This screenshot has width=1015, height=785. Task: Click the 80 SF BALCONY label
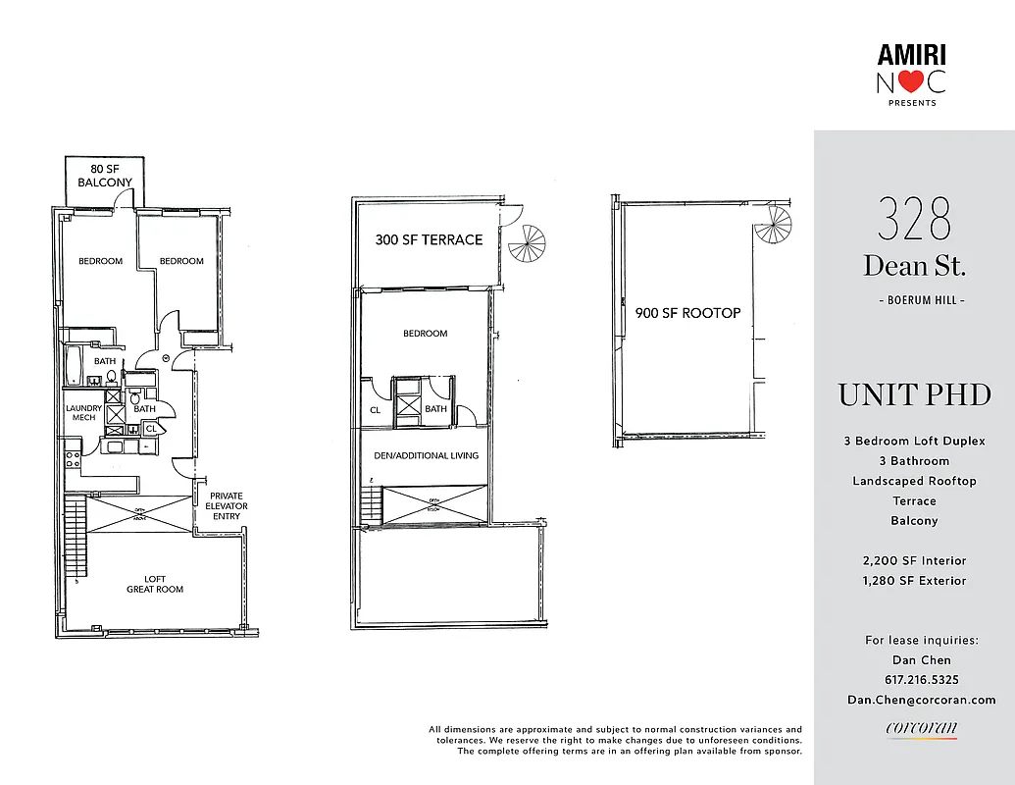pyautogui.click(x=105, y=176)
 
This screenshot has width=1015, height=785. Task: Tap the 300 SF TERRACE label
pyautogui.click(x=429, y=239)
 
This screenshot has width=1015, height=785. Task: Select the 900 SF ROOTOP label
pyautogui.click(x=681, y=313)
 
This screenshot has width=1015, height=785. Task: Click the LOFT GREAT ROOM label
pyautogui.click(x=155, y=584)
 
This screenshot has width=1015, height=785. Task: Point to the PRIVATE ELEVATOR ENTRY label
pyautogui.click(x=227, y=506)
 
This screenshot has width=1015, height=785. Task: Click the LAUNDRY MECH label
pyautogui.click(x=83, y=413)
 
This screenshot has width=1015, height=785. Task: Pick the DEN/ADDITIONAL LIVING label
pyautogui.click(x=426, y=455)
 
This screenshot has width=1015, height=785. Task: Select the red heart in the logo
pyautogui.click(x=911, y=82)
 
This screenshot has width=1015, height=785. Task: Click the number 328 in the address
pyautogui.click(x=914, y=220)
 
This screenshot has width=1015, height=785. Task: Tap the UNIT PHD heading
pyautogui.click(x=914, y=395)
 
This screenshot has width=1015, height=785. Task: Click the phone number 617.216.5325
pyautogui.click(x=914, y=680)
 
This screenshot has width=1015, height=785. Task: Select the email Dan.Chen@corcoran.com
pyautogui.click(x=922, y=700)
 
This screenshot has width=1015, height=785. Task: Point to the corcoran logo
pyautogui.click(x=921, y=728)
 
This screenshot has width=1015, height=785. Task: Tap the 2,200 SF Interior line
pyautogui.click(x=914, y=560)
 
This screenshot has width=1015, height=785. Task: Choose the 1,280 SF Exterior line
pyautogui.click(x=914, y=580)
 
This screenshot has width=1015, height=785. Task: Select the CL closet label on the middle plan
pyautogui.click(x=376, y=410)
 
